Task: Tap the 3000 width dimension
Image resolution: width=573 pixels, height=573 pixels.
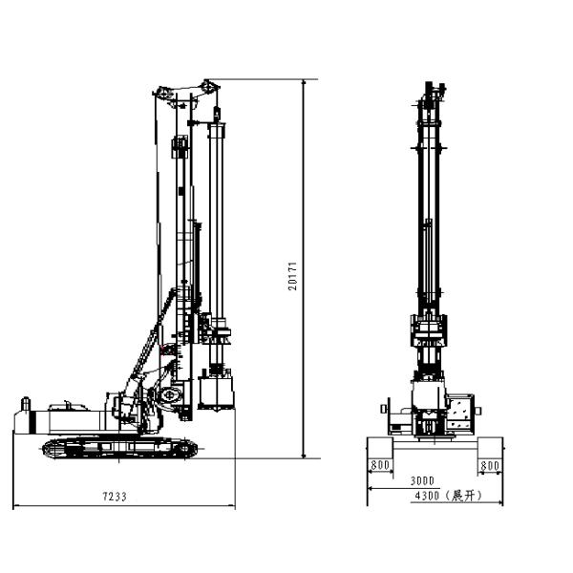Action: (x=421, y=480)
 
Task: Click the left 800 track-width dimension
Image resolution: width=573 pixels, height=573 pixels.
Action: (x=381, y=465)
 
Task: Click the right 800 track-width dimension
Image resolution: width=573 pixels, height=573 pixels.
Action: (x=490, y=465)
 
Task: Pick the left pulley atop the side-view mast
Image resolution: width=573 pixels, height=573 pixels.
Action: (x=163, y=93)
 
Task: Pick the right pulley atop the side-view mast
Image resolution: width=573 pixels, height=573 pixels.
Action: (x=207, y=87)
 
